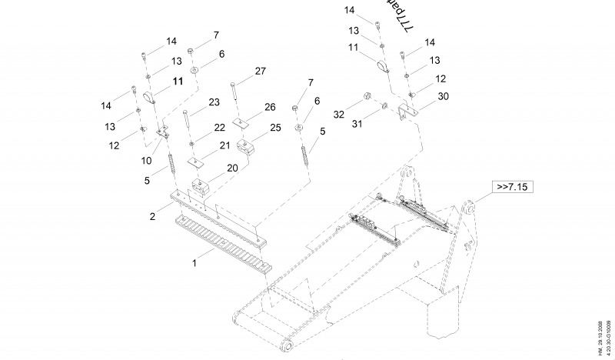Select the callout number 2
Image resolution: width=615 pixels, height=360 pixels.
(x=152, y=216)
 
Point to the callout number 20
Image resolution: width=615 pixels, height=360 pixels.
(x=232, y=168)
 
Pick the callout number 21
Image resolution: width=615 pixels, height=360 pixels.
(x=224, y=145)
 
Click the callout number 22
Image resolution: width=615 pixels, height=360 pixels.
(x=219, y=127)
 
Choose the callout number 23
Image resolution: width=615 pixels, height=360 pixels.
(x=214, y=101)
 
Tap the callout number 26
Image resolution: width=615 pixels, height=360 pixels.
(x=270, y=106)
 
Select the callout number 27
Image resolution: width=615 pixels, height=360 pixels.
(x=260, y=71)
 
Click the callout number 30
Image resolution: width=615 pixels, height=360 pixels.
(x=443, y=96)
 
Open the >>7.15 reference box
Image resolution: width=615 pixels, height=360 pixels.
(x=514, y=187)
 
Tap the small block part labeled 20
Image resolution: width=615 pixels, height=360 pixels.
(x=202, y=186)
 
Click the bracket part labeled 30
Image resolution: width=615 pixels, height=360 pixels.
(x=407, y=112)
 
